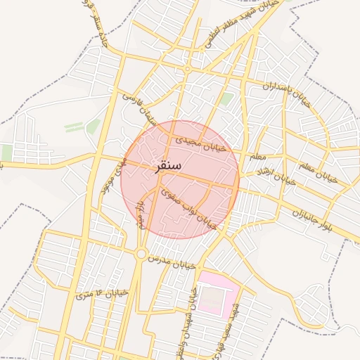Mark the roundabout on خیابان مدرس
click(141, 253)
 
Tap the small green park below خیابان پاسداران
click(226, 100)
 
